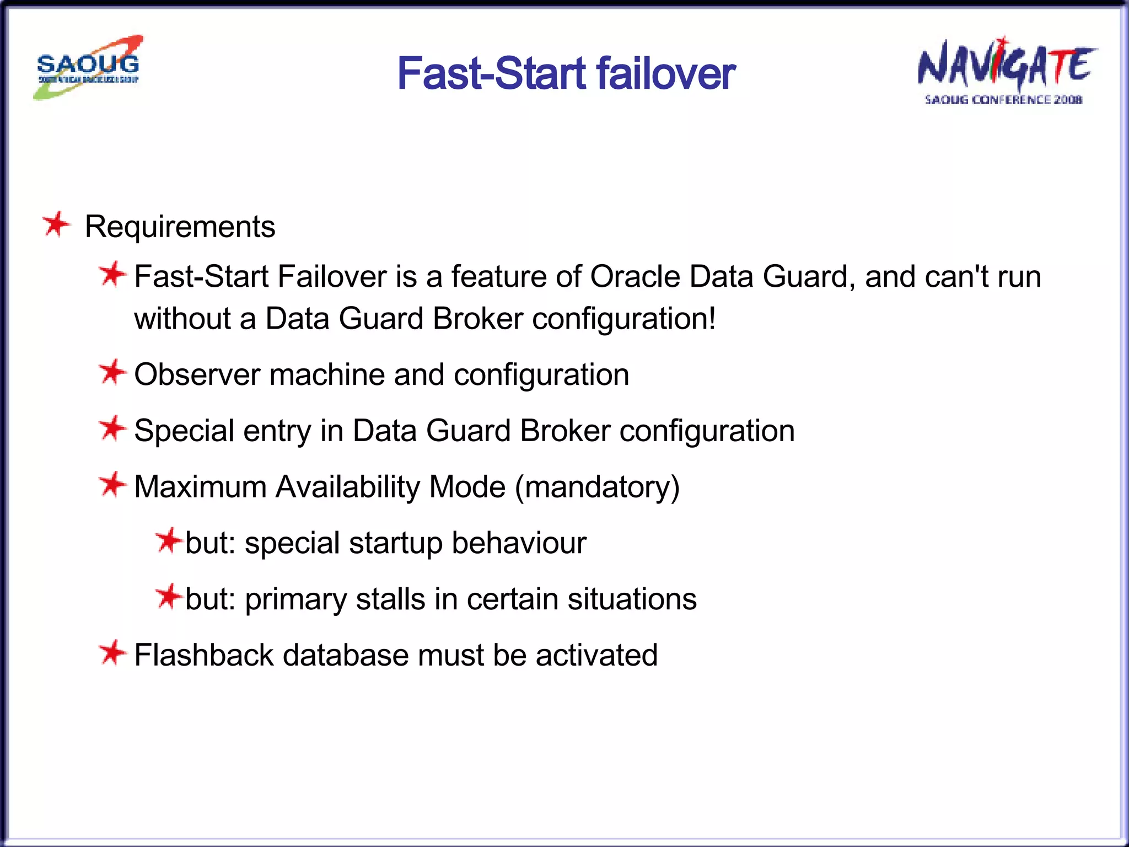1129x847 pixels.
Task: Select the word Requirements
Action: coord(180,227)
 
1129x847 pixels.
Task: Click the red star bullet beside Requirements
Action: coord(56,224)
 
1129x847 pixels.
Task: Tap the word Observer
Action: coord(197,375)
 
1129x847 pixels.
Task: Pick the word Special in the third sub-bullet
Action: coord(184,431)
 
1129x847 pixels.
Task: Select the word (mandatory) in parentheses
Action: coord(597,487)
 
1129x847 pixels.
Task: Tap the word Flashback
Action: coord(204,655)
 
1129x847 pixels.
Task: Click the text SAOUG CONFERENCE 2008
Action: coord(1003,100)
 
